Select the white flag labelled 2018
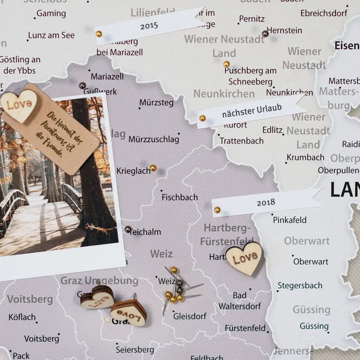(x=266, y=202)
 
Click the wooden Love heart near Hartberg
(x=244, y=258)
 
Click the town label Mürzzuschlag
(x=154, y=140)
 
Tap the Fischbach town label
(x=180, y=197)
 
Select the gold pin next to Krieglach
(x=153, y=168)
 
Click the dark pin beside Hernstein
(x=265, y=34)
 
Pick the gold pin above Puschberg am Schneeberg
(x=226, y=64)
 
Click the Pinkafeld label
(x=290, y=220)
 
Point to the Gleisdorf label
(x=190, y=316)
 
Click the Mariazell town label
(x=107, y=76)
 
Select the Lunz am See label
(x=51, y=35)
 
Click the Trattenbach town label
(x=242, y=141)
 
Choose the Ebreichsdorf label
(x=324, y=13)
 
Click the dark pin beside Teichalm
(x=128, y=229)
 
